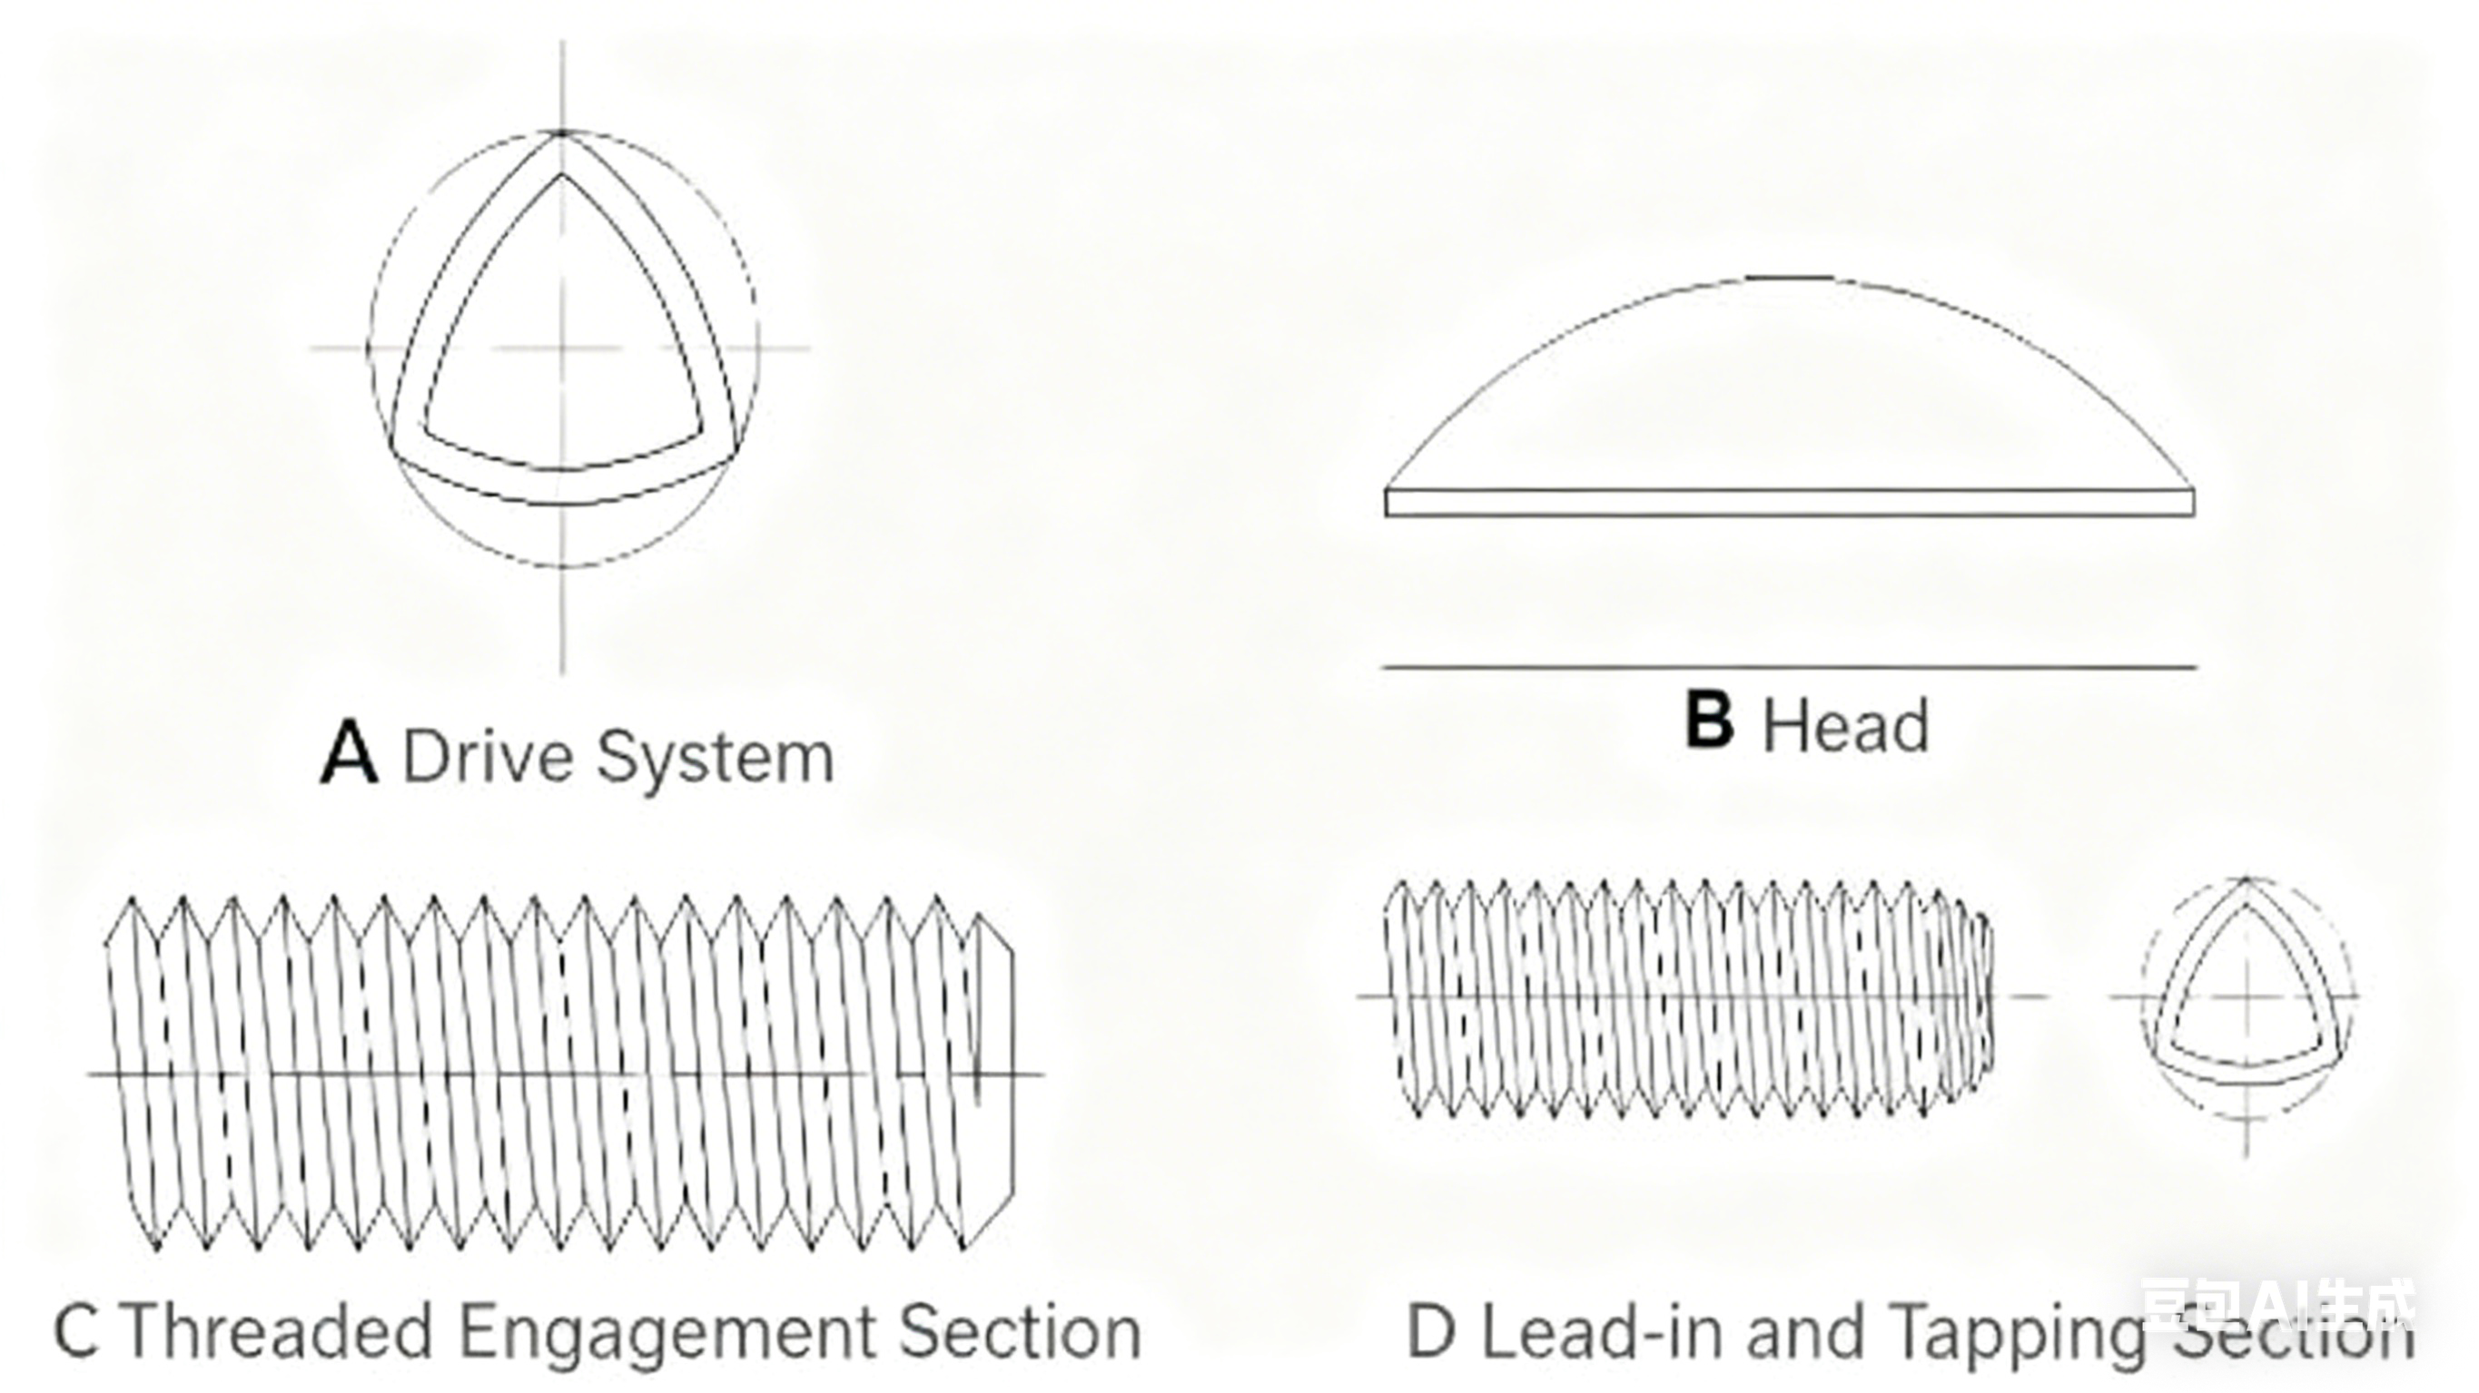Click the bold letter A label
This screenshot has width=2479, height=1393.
click(349, 755)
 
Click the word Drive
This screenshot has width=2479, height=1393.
click(488, 757)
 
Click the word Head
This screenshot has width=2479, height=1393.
click(1845, 726)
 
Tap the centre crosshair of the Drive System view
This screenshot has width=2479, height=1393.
click(563, 348)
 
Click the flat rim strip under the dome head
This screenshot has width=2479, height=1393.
click(1790, 502)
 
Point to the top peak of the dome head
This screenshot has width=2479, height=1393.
click(1790, 279)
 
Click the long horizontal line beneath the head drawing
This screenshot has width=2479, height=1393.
click(1790, 666)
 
